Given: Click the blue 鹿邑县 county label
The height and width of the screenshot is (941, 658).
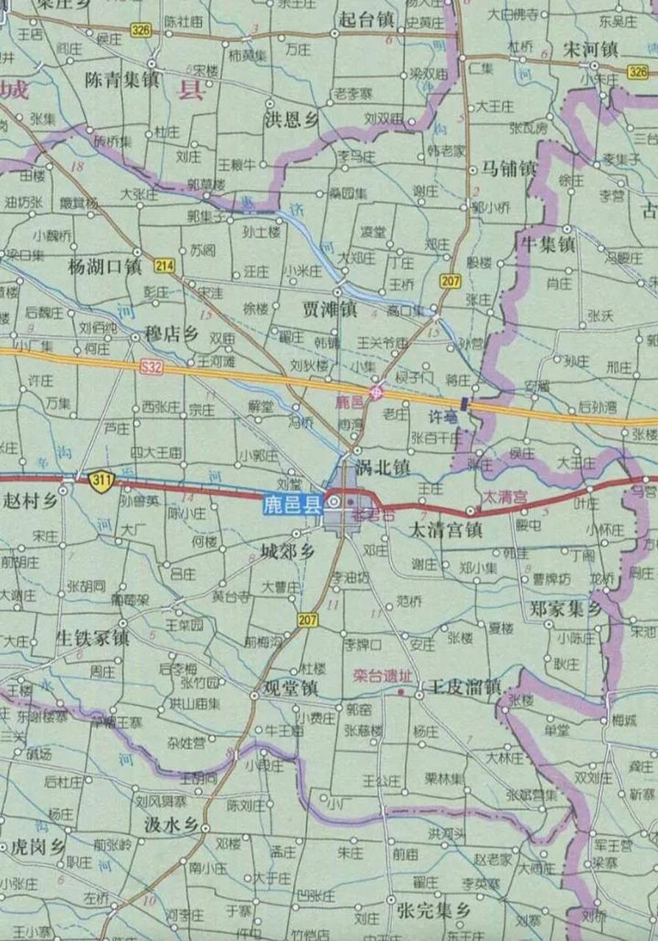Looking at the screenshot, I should coord(293,504).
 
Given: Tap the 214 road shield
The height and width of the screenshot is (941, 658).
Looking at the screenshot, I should coord(164,265).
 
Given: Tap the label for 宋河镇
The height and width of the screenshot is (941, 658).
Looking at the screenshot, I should coord(592,50).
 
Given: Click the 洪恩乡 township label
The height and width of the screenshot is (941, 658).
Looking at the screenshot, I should coord(292,121).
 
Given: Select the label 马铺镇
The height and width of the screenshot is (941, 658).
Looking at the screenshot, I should coord(509,169).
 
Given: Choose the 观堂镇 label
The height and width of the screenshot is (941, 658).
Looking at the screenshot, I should coord(291,688).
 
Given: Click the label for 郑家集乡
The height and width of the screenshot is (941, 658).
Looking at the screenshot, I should coord(565,609).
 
